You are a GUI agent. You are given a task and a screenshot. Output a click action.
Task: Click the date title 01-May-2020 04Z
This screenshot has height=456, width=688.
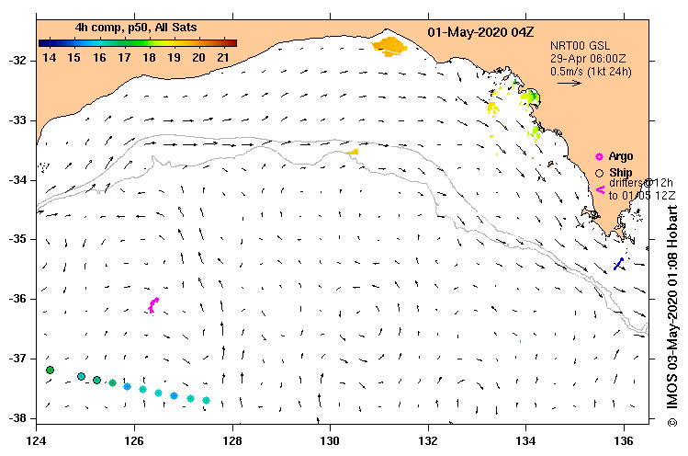(480, 32)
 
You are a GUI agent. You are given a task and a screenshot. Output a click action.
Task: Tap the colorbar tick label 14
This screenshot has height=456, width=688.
(50, 58)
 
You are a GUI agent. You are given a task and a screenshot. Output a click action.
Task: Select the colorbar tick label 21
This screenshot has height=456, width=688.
(223, 58)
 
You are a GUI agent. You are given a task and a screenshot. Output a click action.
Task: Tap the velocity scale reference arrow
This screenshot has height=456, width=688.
(570, 83)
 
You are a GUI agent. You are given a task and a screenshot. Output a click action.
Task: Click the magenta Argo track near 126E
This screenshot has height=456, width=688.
(153, 304)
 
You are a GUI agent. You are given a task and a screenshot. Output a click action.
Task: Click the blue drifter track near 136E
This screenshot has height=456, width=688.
(619, 264)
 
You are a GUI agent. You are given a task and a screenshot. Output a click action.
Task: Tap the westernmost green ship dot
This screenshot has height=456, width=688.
(50, 370)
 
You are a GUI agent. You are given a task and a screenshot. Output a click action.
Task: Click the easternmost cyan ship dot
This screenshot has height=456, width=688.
(206, 400)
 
